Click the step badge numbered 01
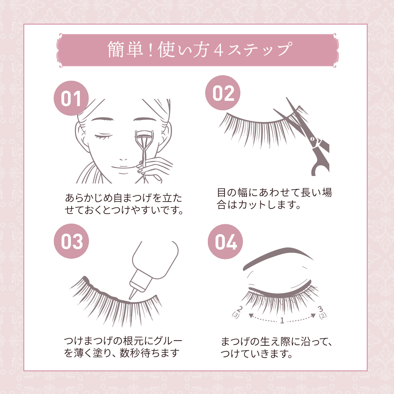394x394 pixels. pyautogui.click(x=71, y=98)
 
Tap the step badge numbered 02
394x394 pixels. pyautogui.click(x=223, y=93)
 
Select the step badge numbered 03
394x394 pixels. pyautogui.click(x=71, y=241)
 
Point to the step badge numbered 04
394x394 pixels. pyautogui.click(x=225, y=242)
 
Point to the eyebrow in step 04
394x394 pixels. pyautogui.click(x=278, y=258)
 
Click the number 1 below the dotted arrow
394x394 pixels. pyautogui.click(x=282, y=320)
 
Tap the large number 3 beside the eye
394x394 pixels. pyautogui.click(x=320, y=309)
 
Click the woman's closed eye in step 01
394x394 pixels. pyautogui.click(x=104, y=137)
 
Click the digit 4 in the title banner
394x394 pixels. pyautogui.click(x=219, y=51)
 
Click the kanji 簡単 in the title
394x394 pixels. pyautogui.click(x=125, y=50)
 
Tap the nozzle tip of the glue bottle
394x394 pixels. pyautogui.click(x=130, y=299)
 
